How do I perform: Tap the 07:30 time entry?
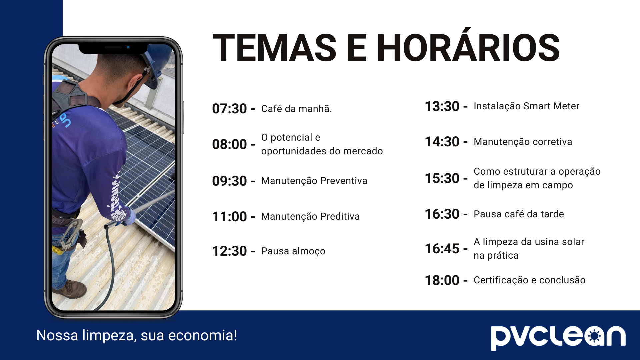(x=229, y=109)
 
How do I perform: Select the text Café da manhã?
(x=296, y=109)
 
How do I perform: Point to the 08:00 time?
(x=229, y=144)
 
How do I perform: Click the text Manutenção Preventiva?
(x=314, y=181)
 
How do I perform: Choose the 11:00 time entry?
(x=229, y=217)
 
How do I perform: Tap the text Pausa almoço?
(x=293, y=251)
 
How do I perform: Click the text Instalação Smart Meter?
(x=526, y=106)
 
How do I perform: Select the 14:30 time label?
(x=442, y=142)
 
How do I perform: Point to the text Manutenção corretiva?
(x=523, y=142)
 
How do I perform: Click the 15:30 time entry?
(x=442, y=178)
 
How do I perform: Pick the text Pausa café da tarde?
(x=519, y=214)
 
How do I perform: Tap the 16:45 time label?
(x=442, y=249)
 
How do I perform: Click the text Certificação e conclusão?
(x=529, y=280)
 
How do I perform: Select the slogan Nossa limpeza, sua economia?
(x=137, y=335)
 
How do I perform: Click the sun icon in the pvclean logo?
(x=594, y=336)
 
